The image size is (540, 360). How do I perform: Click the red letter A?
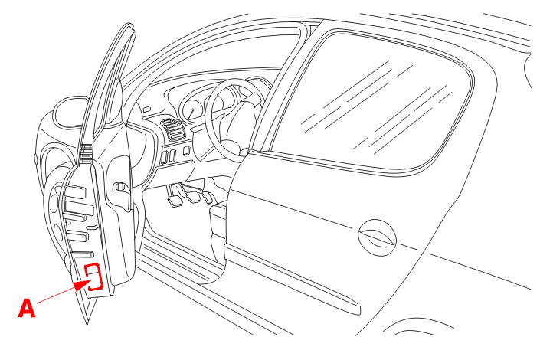coord(27,308)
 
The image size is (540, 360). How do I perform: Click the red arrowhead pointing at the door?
coord(83,285)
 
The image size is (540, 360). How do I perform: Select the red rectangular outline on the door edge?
coord(93,277)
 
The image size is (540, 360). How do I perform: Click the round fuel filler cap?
coord(377,237)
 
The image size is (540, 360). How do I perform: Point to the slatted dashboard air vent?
coord(175,129)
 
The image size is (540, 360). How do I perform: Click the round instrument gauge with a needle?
coord(191,110)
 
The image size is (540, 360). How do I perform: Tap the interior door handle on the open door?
coord(119,187)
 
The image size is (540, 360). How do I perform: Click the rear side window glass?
coord(372,103)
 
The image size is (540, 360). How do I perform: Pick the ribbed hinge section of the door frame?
coord(86,154)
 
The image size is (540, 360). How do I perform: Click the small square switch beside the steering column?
coord(187,151)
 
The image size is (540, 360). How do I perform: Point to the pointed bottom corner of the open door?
coord(87,323)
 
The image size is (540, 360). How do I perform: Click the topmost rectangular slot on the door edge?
coord(75,191)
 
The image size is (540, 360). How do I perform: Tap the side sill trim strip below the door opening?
coord(293,279)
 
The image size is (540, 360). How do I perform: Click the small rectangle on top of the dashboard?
coord(147,110)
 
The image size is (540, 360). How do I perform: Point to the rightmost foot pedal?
coord(208,198)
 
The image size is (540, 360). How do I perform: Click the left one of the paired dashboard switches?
coord(164,157)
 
